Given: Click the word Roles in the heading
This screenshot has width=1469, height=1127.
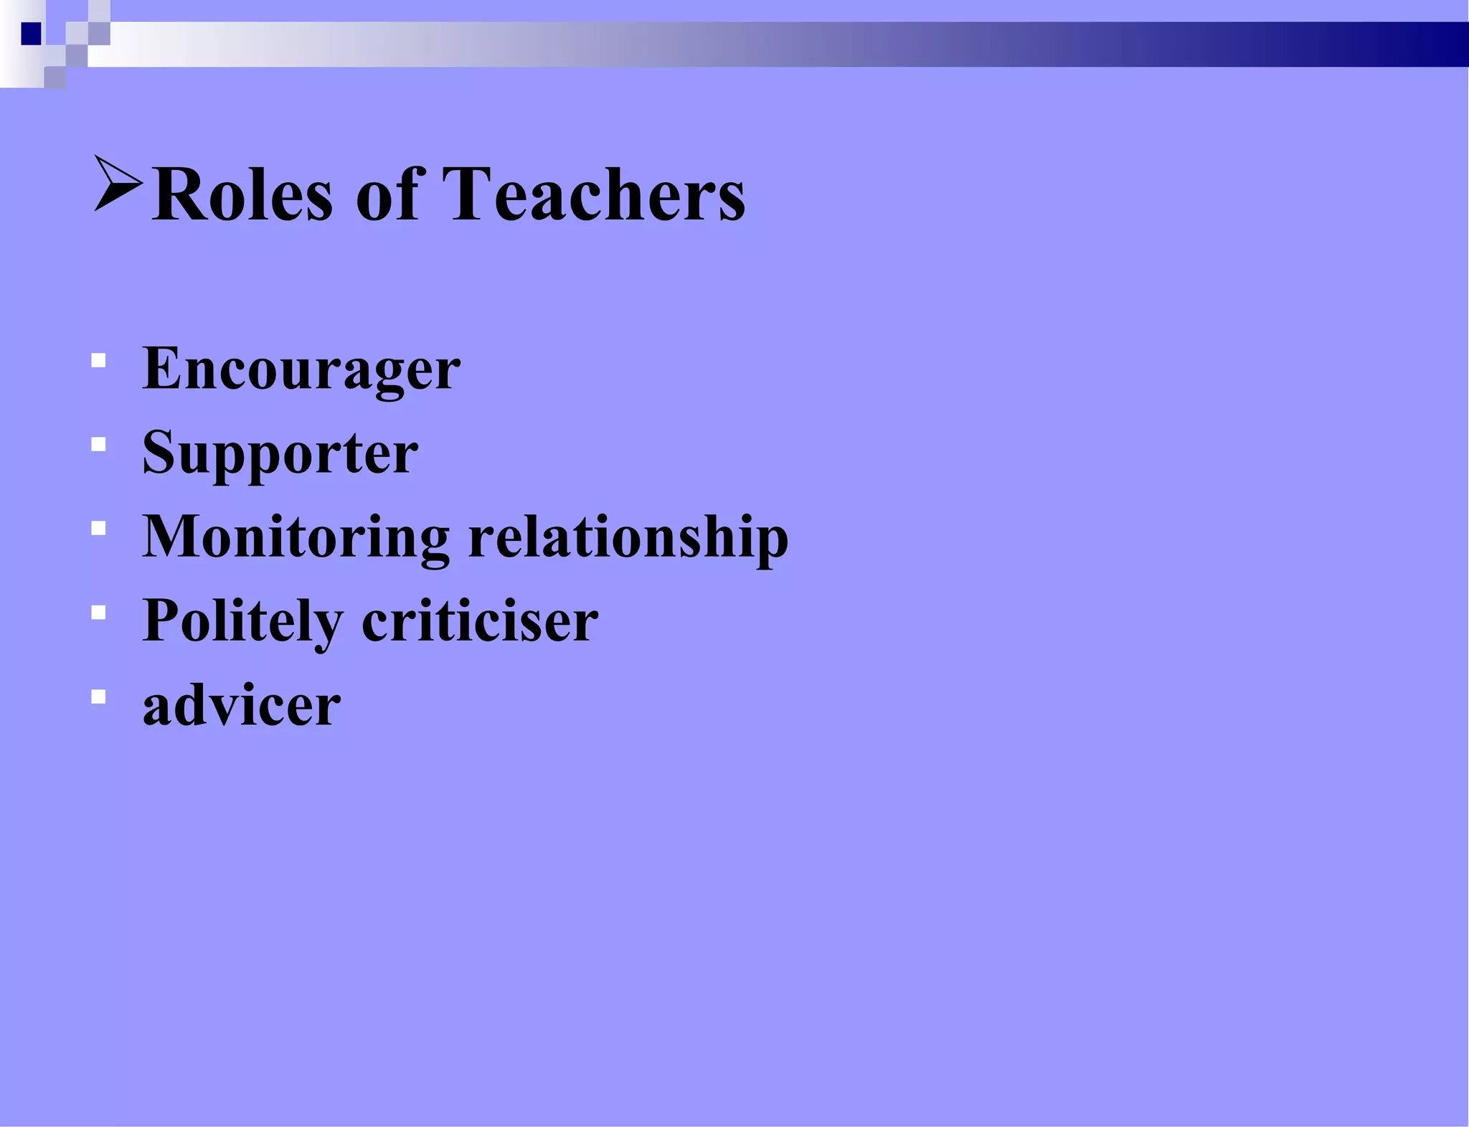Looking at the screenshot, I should (x=242, y=194).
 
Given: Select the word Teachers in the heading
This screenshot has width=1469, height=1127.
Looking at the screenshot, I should (x=593, y=194).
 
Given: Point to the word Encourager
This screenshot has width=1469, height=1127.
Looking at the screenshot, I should (x=301, y=369).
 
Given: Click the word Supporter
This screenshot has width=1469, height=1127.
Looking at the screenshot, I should (x=280, y=453).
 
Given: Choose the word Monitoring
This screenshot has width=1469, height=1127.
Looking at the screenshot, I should (x=296, y=538).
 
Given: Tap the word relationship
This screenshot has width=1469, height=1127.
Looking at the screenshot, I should (x=628, y=538).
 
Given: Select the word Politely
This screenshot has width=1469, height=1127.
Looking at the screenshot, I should (x=242, y=622).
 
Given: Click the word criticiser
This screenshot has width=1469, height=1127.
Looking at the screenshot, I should (x=480, y=621).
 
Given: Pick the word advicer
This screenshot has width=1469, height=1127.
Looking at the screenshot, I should (x=242, y=706).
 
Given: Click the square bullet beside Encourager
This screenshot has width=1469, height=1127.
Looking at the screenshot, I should (x=99, y=360).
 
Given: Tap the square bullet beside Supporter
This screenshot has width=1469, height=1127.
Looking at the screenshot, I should (x=99, y=445).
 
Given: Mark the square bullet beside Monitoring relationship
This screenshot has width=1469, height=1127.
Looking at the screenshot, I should (x=99, y=529).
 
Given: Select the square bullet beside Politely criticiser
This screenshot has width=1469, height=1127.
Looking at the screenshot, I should (x=99, y=613).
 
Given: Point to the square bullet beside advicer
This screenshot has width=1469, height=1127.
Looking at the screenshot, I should (x=99, y=697).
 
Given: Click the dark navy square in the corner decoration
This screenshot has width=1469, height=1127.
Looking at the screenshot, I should (x=32, y=34).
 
